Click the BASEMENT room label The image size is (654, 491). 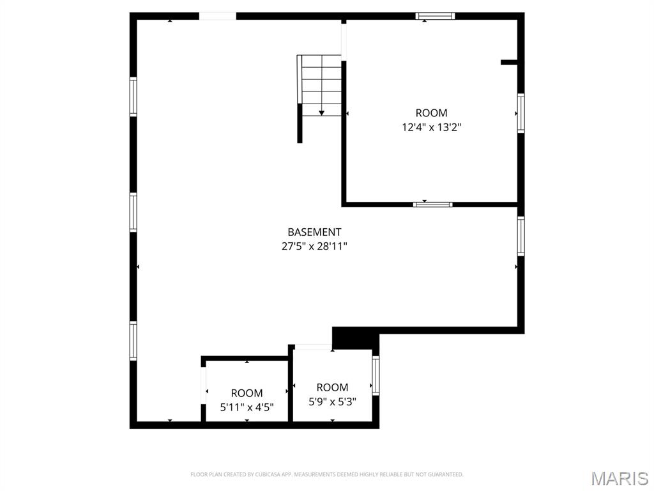point(314,232)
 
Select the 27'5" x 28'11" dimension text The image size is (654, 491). point(314,245)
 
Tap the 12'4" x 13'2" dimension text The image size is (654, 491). point(431,127)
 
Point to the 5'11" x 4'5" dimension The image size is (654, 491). point(247,407)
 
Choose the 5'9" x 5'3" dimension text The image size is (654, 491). point(332,402)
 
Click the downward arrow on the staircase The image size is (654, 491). point(321,112)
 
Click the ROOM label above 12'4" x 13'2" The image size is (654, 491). point(431,113)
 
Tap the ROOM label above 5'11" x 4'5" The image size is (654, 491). point(247,393)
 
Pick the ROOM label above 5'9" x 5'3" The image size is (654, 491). point(332,387)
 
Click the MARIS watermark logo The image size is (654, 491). point(619,478)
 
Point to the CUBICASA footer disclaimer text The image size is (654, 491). point(326,474)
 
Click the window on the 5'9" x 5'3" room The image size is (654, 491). point(376,375)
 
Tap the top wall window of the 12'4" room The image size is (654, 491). point(435,16)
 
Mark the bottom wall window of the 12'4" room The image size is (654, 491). point(432,205)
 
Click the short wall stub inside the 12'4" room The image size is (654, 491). point(509,62)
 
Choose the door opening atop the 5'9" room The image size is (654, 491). point(313,347)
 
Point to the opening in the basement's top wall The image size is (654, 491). point(218,16)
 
